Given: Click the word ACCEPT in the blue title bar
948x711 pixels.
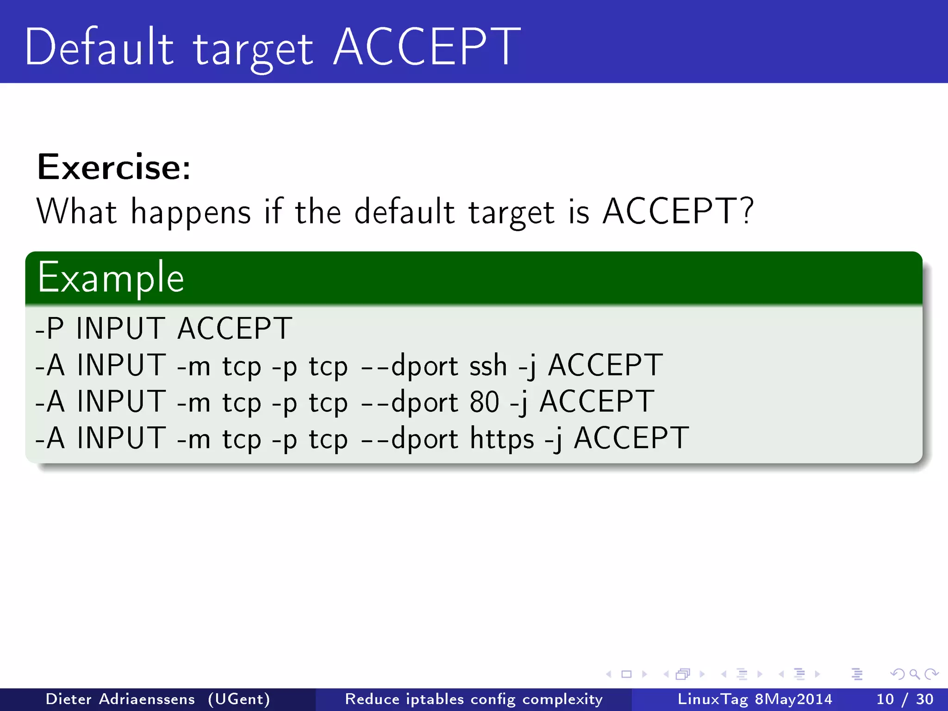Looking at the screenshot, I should [427, 47].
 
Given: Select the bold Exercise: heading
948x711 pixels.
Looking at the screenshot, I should [114, 167].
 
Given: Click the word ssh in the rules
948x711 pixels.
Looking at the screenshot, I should [488, 366].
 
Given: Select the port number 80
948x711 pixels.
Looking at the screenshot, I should [484, 402].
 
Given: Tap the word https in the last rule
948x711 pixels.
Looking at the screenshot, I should [502, 438].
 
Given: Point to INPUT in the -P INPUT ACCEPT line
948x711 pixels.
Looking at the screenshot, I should [120, 329].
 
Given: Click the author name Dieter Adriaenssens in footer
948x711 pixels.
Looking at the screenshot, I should [120, 699].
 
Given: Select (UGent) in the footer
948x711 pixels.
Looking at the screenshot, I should [239, 699].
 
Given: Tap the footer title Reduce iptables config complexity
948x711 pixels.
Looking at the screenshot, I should [474, 699].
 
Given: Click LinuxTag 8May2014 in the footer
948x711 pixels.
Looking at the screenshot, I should [755, 699].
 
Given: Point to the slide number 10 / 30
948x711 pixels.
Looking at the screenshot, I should [904, 699].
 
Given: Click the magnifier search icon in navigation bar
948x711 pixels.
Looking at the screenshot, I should [914, 674].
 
